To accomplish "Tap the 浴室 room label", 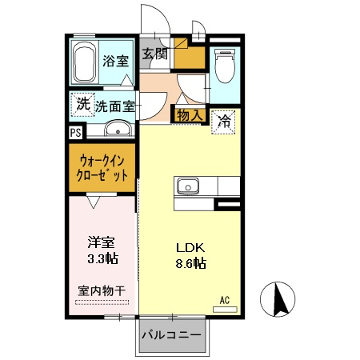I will click(x=116, y=61).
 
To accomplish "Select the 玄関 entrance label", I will click(x=155, y=54).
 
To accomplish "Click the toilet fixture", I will click(x=224, y=67).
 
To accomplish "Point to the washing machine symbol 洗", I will click(x=82, y=103).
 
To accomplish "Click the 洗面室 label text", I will click(x=114, y=105).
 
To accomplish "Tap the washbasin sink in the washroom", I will click(x=118, y=130).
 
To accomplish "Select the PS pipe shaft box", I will click(x=75, y=133).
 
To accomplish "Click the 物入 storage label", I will click(x=190, y=117).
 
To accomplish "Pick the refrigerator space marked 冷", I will click(x=225, y=122).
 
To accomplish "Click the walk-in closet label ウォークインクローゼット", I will click(x=102, y=166).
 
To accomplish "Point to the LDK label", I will click(x=189, y=247).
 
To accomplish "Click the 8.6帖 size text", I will click(x=189, y=263).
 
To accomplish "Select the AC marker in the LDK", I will click(x=225, y=300).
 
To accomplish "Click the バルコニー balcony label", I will click(x=172, y=334).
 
